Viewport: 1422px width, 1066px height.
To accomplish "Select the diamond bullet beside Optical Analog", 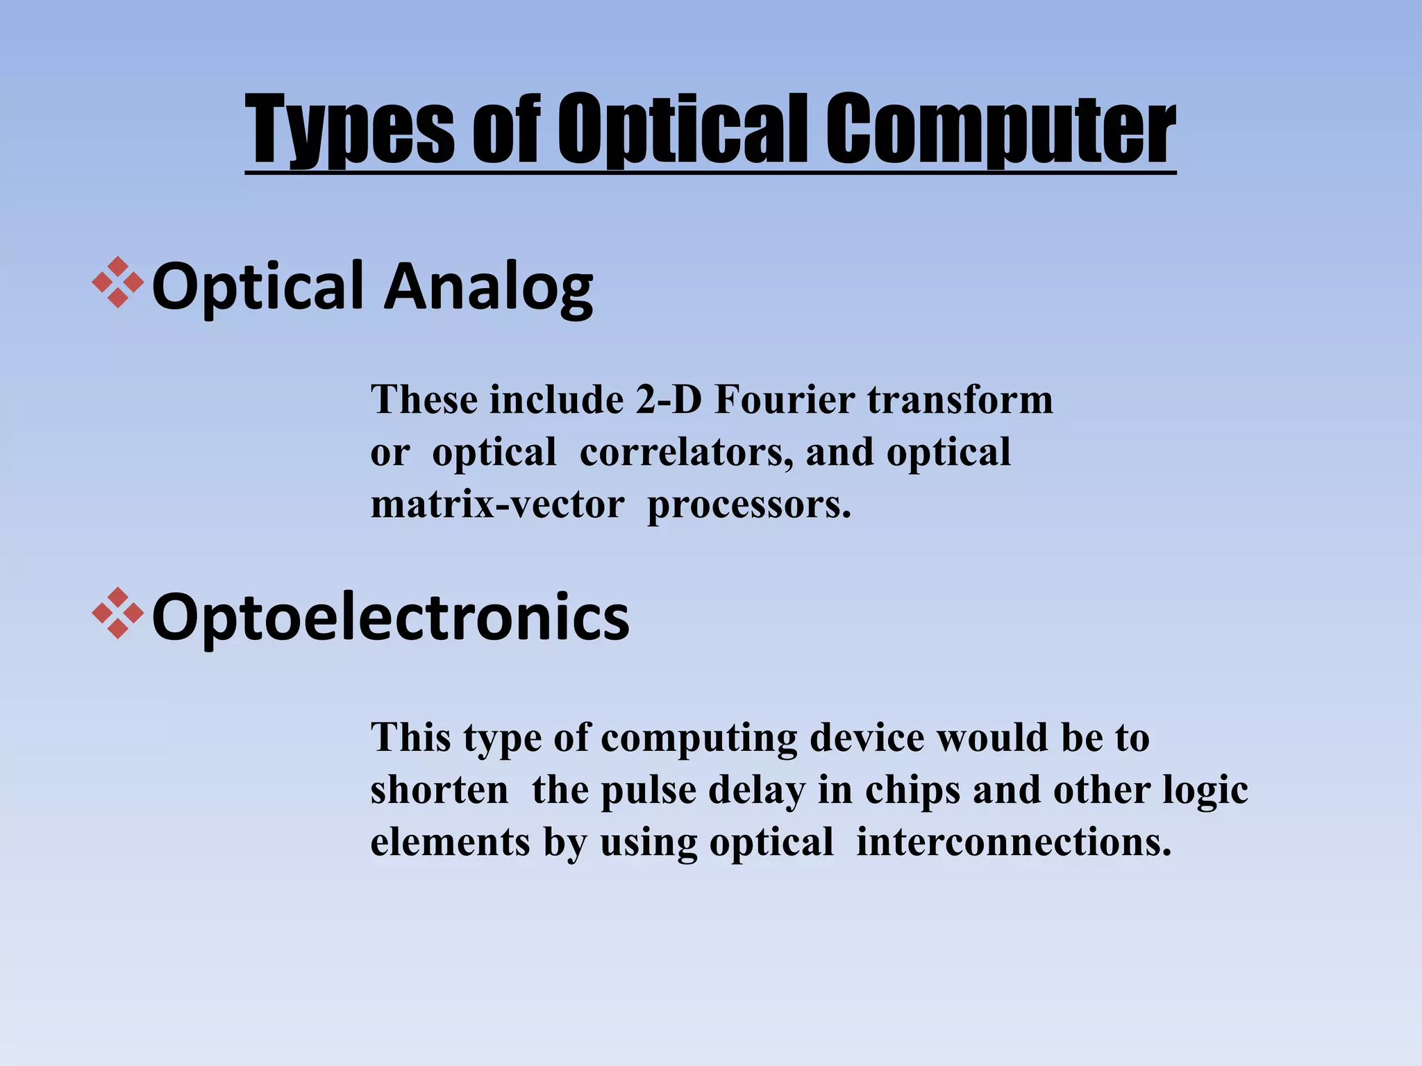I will tap(117, 282).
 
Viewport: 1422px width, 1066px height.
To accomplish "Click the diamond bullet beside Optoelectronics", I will tap(117, 613).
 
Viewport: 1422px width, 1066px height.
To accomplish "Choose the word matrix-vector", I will tap(497, 505).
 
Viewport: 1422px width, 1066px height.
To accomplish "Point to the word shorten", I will tap(440, 790).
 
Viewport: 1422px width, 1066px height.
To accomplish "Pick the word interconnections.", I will tap(1014, 843).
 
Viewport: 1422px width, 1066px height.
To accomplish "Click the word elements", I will tap(450, 843).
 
